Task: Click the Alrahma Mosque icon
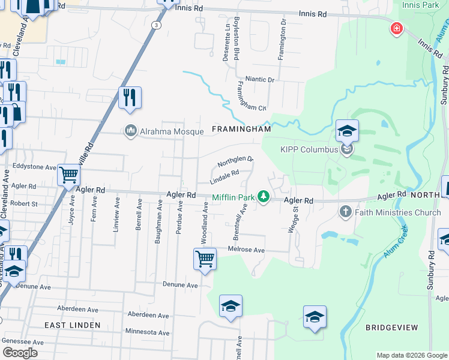coord(130,130)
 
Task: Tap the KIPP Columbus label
coord(310,149)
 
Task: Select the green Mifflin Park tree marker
coord(263,196)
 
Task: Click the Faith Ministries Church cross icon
coord(345,212)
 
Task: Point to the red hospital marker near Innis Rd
coord(396,28)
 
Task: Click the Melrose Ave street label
coord(246,250)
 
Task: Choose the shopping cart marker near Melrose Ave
coord(205,259)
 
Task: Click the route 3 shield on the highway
coord(156,25)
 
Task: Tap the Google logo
coord(20,352)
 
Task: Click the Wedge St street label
coord(295,218)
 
